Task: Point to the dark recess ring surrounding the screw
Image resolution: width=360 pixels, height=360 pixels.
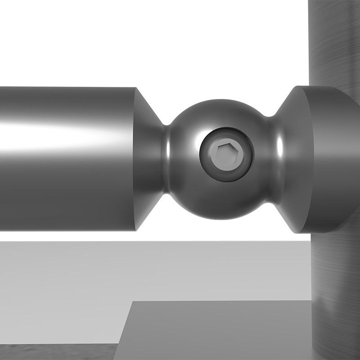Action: coord(247,155)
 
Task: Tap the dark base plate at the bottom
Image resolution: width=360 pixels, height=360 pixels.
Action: coord(216,333)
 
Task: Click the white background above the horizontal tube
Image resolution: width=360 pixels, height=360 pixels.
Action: coord(135,40)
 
